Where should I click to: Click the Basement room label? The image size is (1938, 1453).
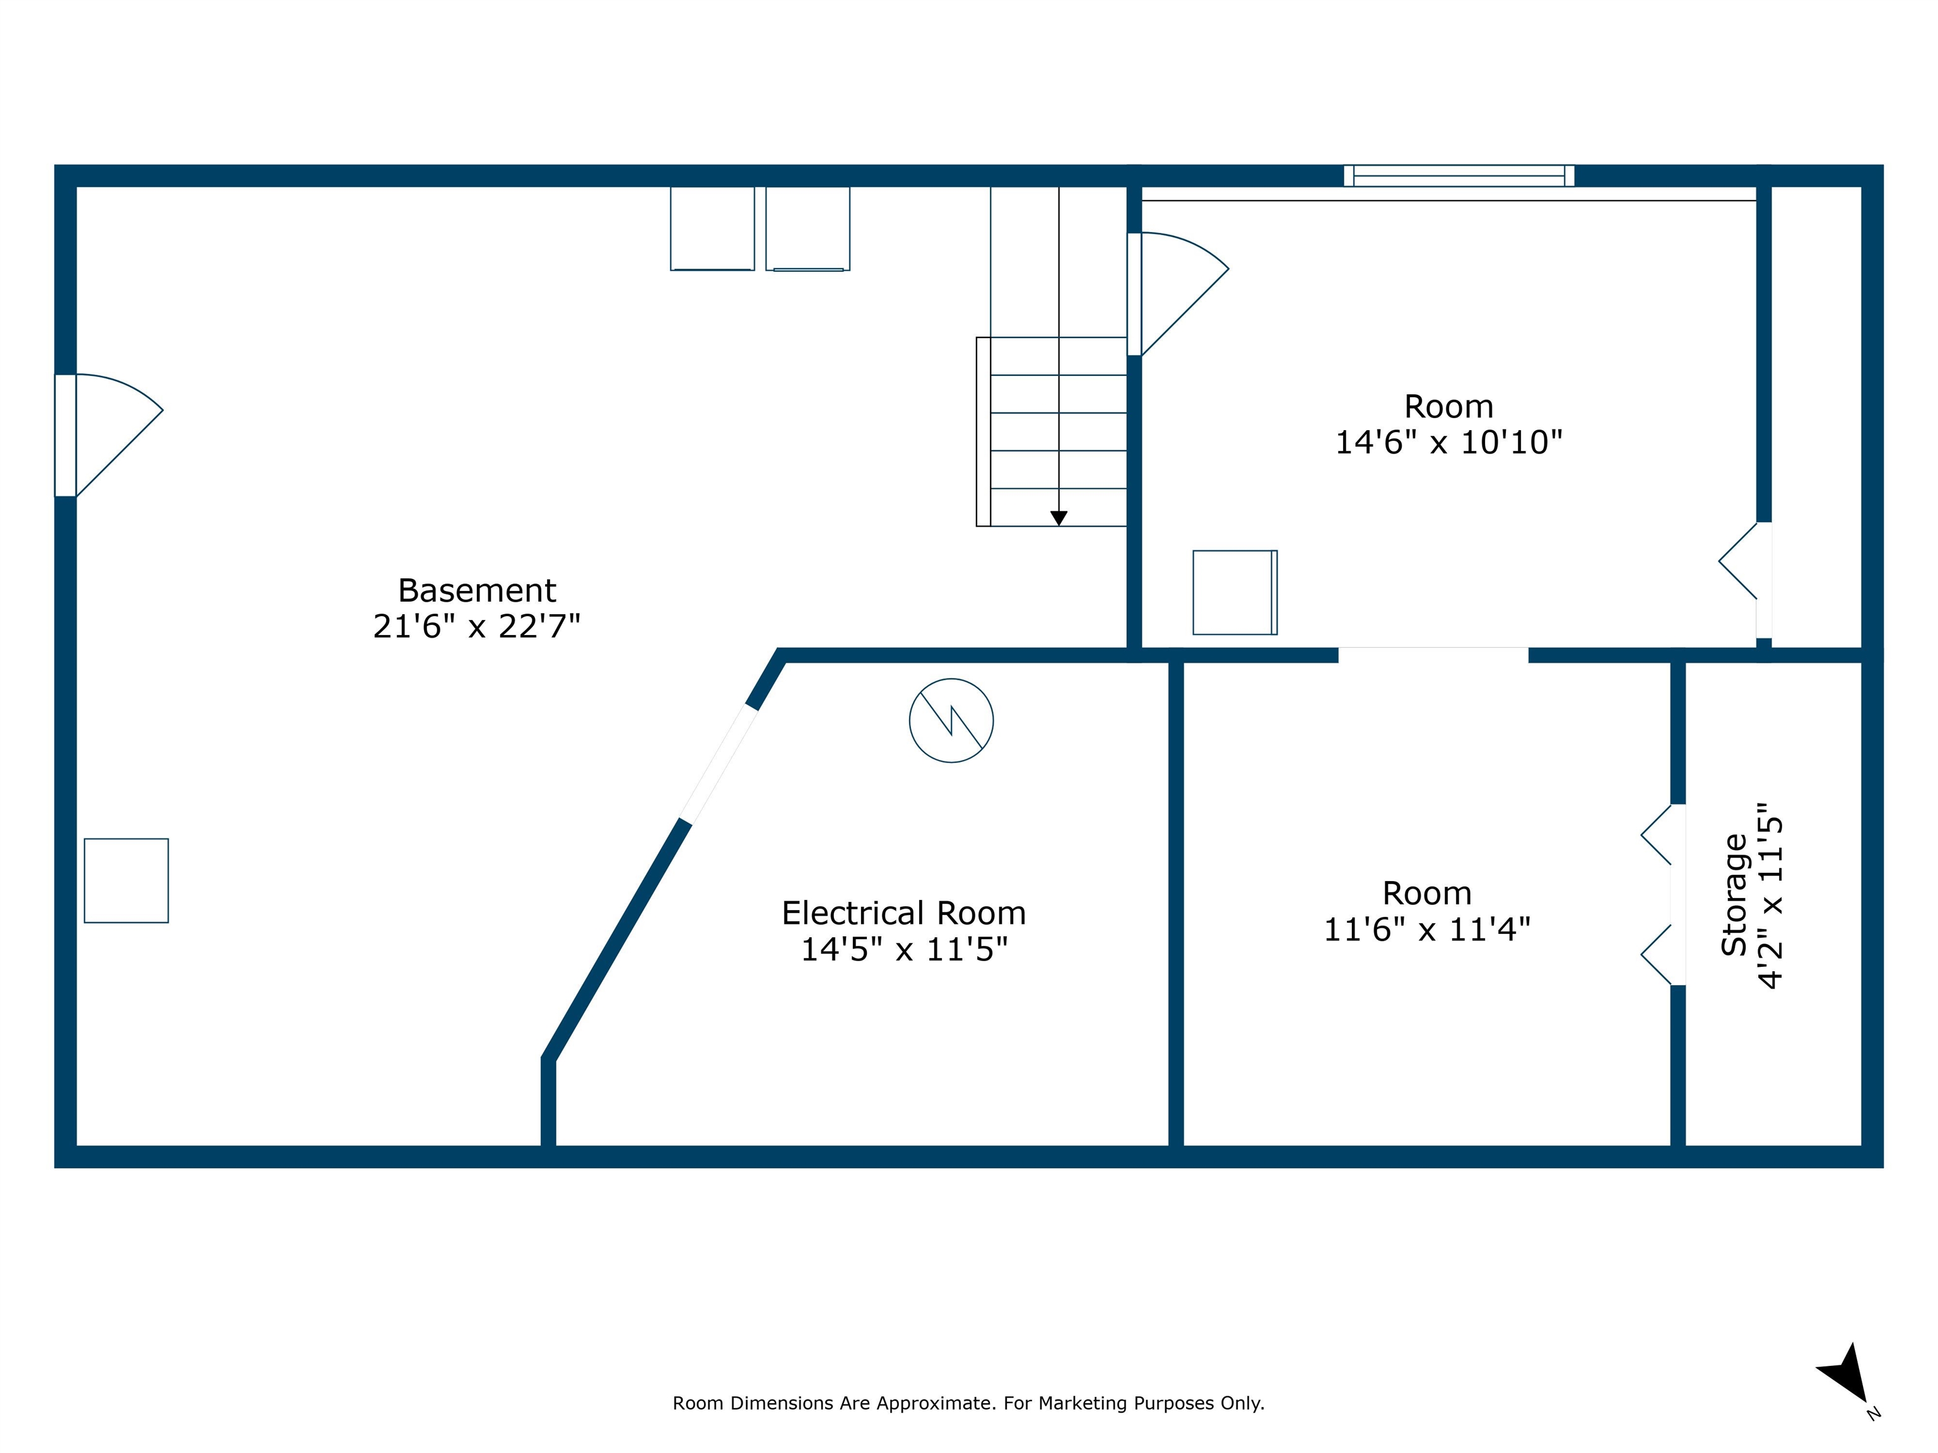(477, 590)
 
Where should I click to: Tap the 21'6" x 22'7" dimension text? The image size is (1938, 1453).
(477, 626)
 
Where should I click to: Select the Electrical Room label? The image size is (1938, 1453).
(903, 914)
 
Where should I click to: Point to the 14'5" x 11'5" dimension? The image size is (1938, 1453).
(904, 949)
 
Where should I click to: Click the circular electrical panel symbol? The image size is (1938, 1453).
(951, 720)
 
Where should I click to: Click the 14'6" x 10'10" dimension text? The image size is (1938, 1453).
(1448, 442)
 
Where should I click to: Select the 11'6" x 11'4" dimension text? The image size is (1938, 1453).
(1426, 930)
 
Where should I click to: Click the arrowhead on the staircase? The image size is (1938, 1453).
(1059, 518)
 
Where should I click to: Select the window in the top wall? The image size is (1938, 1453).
(1459, 176)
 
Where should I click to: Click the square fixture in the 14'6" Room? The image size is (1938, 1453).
(1235, 592)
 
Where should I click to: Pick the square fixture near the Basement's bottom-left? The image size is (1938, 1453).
(126, 880)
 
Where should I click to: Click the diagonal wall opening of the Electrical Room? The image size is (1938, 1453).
(719, 764)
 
